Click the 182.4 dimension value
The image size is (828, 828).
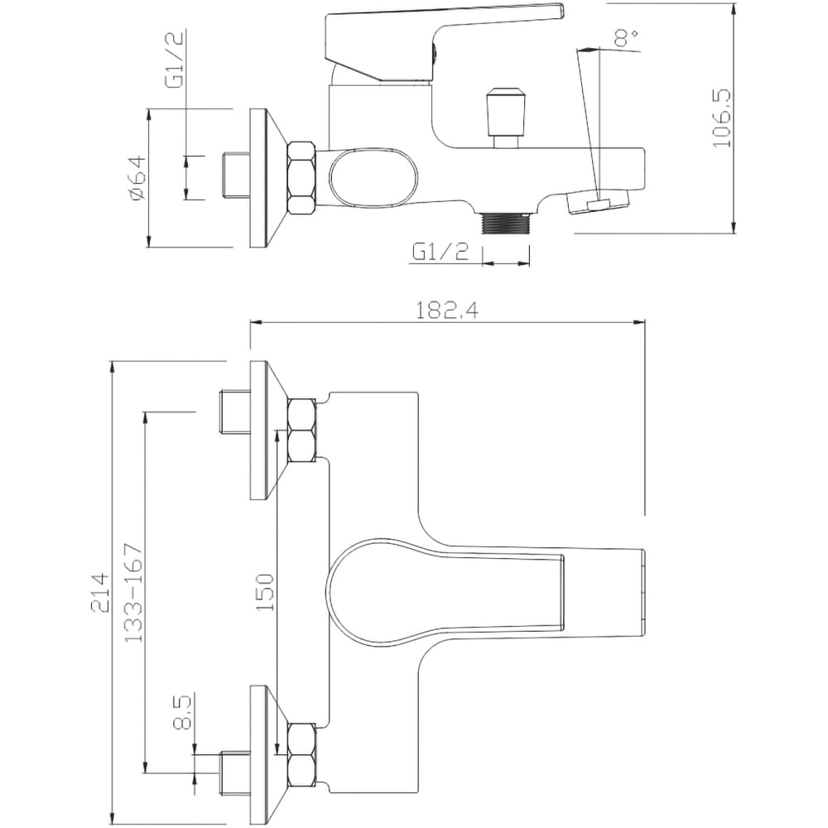(447, 310)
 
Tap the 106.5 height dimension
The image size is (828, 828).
(721, 118)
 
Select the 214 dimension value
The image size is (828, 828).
(100, 593)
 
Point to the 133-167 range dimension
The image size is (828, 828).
(133, 592)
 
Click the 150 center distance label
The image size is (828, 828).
(265, 593)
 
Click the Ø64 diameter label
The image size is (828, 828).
(137, 177)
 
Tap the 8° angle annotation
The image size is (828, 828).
(627, 37)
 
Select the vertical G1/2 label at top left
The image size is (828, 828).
(174, 59)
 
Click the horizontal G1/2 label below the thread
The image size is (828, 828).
(440, 253)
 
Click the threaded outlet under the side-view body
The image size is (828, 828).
(505, 223)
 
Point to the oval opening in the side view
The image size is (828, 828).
(374, 178)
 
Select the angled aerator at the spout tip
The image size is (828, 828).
(599, 202)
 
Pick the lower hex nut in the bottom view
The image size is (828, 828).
(302, 755)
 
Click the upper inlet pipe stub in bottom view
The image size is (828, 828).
(234, 412)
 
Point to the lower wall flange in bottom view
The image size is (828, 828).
(267, 754)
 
